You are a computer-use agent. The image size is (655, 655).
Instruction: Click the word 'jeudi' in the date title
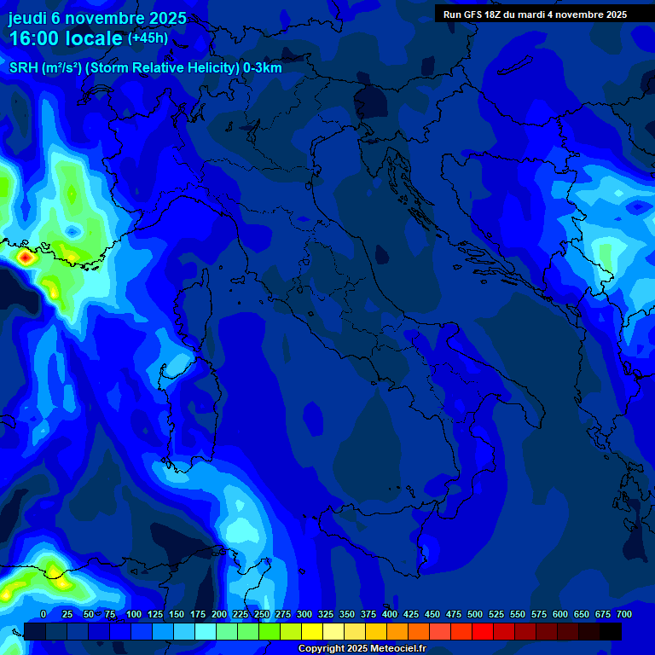(x=27, y=18)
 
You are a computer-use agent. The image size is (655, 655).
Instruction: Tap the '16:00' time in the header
(x=35, y=39)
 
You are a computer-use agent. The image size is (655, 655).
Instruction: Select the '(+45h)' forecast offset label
(x=148, y=38)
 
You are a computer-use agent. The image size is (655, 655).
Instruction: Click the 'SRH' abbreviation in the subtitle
(x=23, y=68)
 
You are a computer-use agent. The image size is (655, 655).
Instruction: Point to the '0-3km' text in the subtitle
(x=262, y=68)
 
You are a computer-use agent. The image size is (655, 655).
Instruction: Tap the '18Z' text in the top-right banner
(x=496, y=14)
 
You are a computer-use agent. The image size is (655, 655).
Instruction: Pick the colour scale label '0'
(x=43, y=614)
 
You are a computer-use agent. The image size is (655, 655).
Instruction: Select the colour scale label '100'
(x=134, y=614)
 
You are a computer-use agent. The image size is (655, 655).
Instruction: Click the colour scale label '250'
(x=262, y=614)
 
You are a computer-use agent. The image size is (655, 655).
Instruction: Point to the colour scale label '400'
(x=390, y=614)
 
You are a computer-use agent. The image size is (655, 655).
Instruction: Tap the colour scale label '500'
(x=475, y=614)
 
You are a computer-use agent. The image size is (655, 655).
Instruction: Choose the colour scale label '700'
(x=624, y=614)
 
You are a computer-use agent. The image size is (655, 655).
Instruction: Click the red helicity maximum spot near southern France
(x=26, y=255)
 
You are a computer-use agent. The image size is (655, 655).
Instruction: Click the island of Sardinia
(x=191, y=401)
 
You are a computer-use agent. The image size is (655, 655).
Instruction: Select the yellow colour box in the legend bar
(x=312, y=632)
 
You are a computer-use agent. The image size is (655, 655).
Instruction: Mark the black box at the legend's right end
(x=611, y=632)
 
